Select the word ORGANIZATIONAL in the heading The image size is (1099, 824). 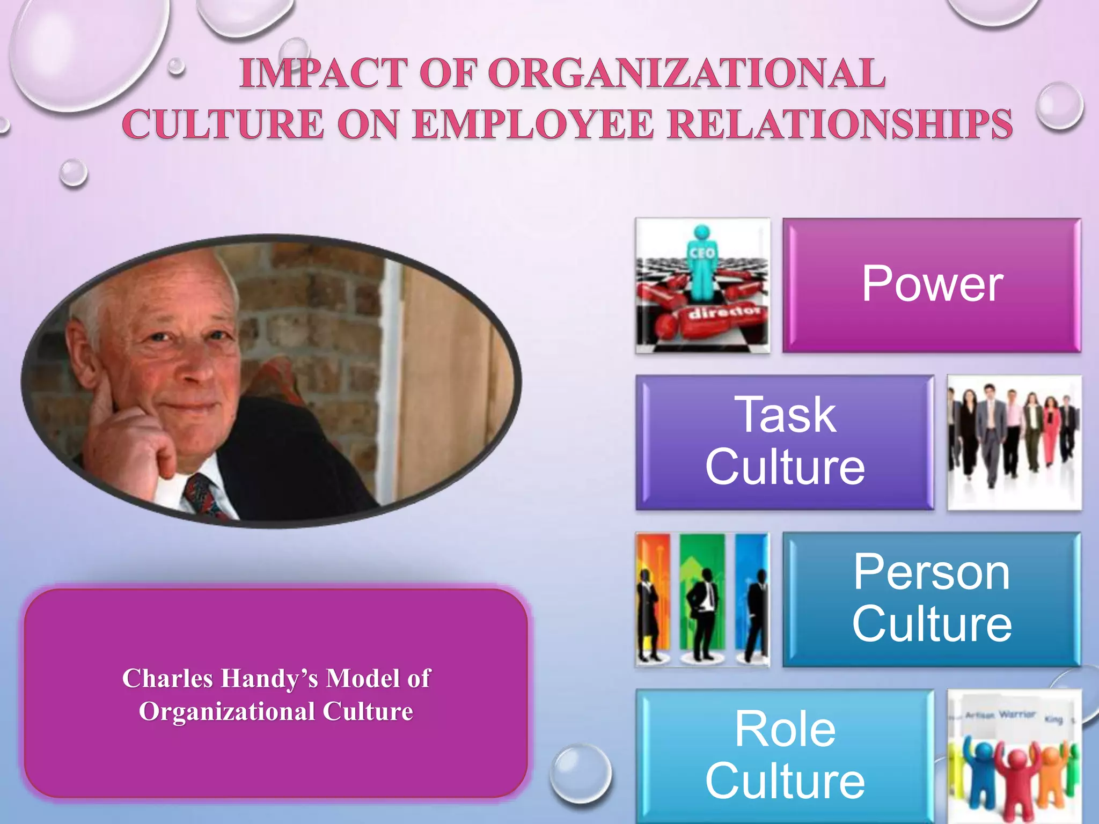[x=686, y=73]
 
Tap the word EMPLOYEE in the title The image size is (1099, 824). [x=534, y=124]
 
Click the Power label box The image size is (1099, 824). [x=932, y=285]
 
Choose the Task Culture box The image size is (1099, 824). [x=785, y=442]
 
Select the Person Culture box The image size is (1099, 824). [x=932, y=599]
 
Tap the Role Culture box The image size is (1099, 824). [x=785, y=755]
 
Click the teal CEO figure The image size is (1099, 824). [x=702, y=263]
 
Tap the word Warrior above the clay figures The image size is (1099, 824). [x=1016, y=714]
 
